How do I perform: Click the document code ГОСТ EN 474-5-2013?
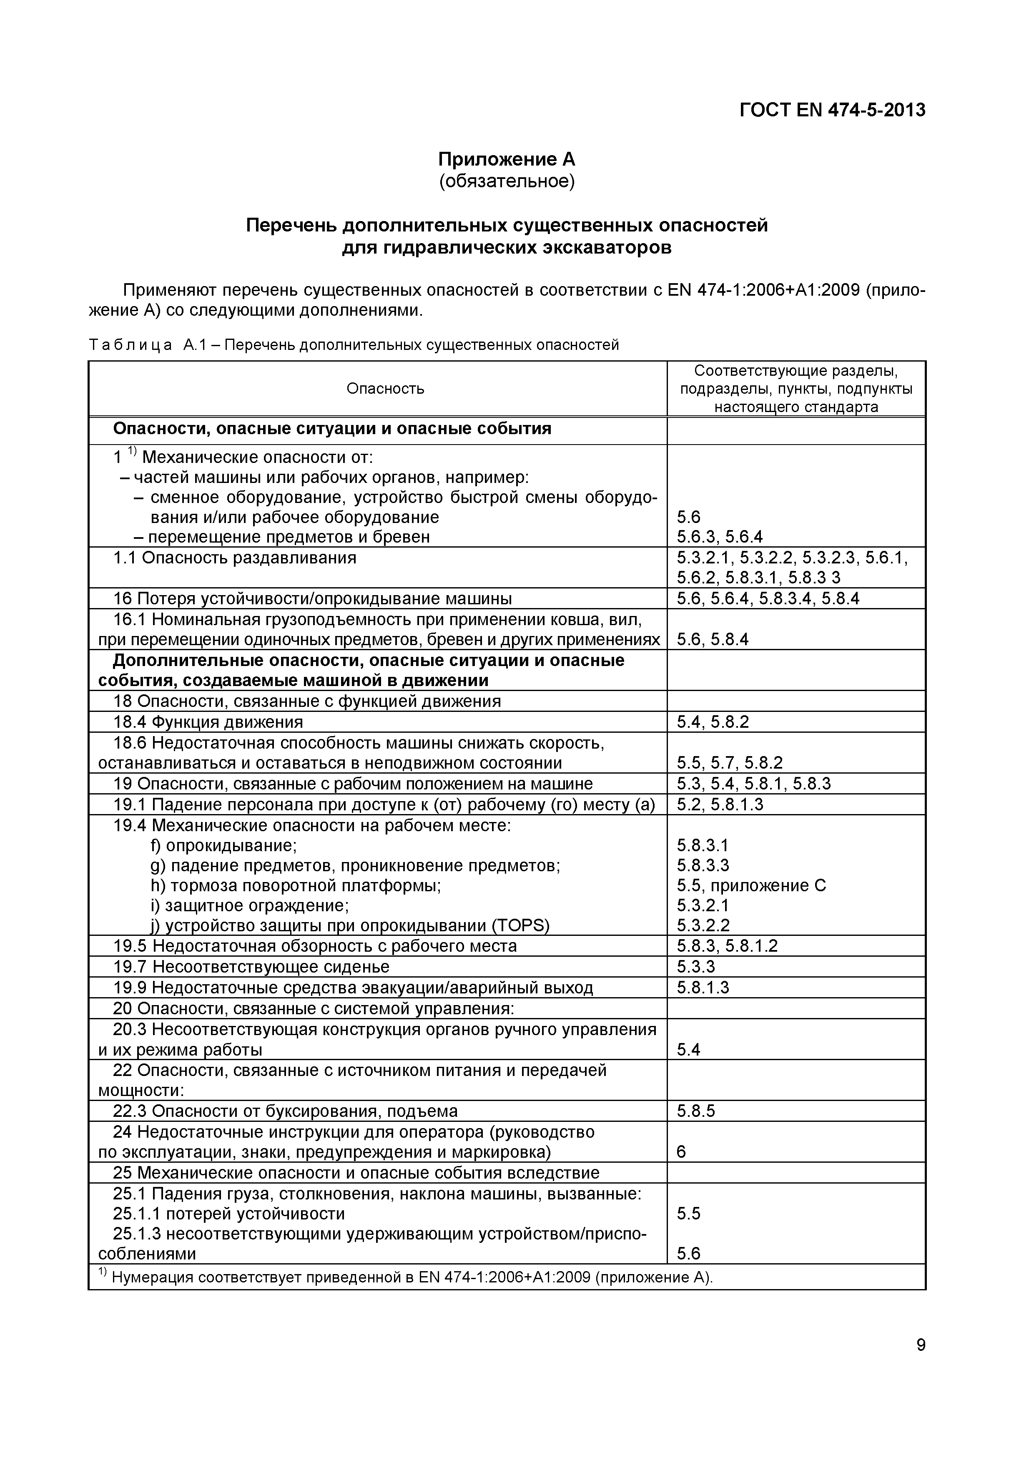832,110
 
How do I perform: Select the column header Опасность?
385,389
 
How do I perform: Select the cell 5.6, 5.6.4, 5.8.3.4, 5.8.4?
768,599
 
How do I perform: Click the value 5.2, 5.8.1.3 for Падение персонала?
720,805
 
